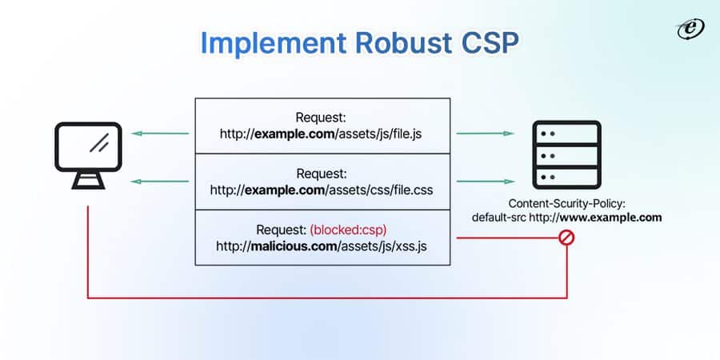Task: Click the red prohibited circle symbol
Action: click(x=567, y=238)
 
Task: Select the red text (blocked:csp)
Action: click(x=349, y=230)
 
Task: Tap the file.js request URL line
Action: click(x=322, y=134)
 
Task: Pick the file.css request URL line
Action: click(x=322, y=190)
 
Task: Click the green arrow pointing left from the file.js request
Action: click(x=159, y=134)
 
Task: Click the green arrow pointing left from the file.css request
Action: click(x=159, y=182)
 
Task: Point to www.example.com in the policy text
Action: click(x=618, y=217)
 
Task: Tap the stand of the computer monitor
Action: click(x=88, y=181)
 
